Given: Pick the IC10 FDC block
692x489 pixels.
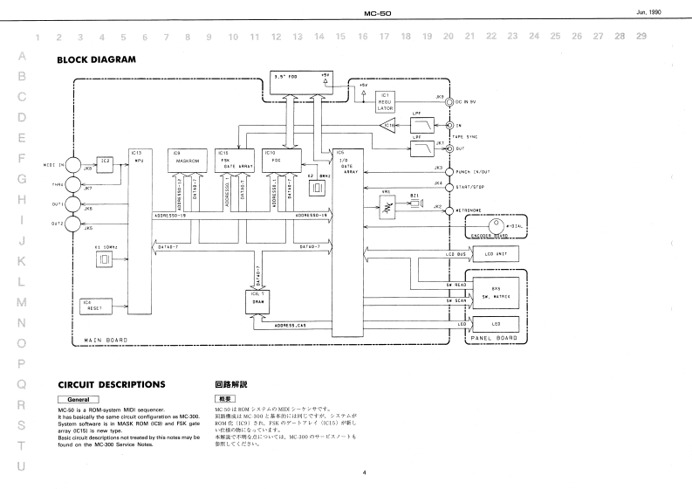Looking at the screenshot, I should (280, 157).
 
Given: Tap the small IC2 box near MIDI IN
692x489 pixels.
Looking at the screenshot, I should (105, 161).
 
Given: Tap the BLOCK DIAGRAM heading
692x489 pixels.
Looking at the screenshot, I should (96, 60).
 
